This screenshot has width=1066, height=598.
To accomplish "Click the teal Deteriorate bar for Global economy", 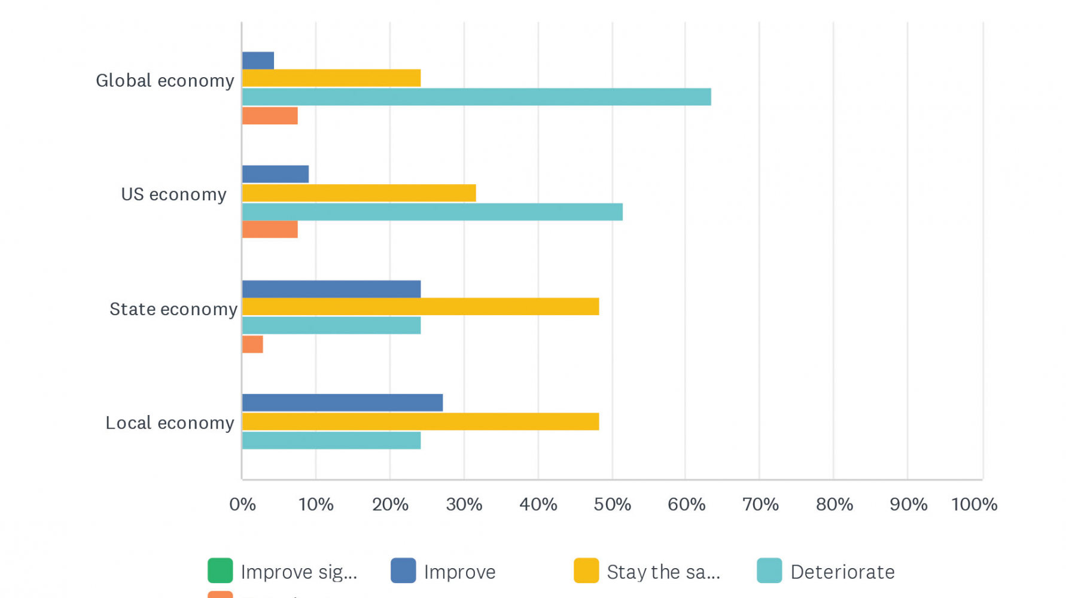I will [x=476, y=97].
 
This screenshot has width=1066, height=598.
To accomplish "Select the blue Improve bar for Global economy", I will [x=258, y=60].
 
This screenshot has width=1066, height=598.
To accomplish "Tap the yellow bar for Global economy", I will [x=331, y=78].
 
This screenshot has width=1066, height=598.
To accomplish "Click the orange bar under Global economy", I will [x=270, y=115].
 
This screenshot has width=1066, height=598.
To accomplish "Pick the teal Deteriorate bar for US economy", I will [x=432, y=212].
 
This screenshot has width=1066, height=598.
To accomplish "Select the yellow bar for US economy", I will [x=359, y=193].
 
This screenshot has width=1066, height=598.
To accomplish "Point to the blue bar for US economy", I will [x=275, y=174].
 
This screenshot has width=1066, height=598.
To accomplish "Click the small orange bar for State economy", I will [x=252, y=344].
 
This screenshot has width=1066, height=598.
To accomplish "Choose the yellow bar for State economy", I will [x=421, y=307].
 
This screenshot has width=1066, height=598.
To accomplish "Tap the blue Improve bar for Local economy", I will [x=342, y=402].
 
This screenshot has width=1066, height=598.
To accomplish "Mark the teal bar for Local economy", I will [x=331, y=441].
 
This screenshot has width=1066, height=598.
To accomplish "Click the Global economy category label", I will [x=165, y=81].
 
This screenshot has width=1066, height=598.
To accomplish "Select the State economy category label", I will [x=173, y=309].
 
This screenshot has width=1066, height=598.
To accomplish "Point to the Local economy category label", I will [x=170, y=423].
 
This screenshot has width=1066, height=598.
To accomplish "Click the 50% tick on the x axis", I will [x=612, y=504].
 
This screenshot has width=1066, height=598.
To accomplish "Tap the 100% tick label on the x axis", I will [x=974, y=504].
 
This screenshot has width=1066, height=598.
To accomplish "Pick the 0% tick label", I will [x=242, y=504].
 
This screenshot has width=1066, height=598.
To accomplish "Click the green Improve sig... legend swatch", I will [x=220, y=570].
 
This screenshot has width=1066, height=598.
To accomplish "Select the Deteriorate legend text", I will [x=842, y=572].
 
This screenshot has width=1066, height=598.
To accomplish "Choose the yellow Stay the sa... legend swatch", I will [x=586, y=570].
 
